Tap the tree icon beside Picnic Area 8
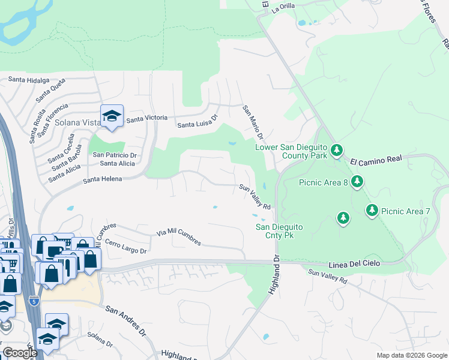click(x=357, y=181)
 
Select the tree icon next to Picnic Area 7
click(x=372, y=210)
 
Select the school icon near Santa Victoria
click(x=111, y=116)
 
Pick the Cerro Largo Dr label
click(x=125, y=246)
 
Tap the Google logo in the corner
click(x=20, y=353)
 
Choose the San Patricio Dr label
click(x=115, y=154)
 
